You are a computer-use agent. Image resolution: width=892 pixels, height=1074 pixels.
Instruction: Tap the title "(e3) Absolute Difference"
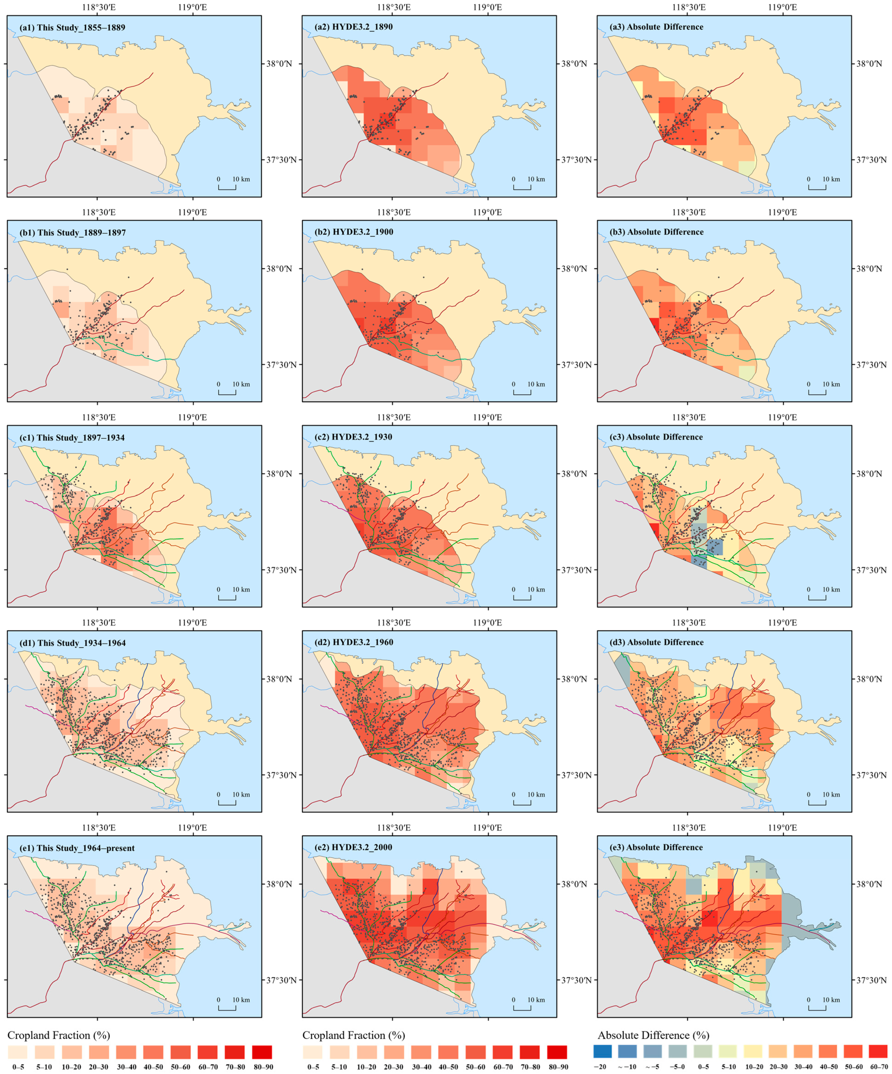665,847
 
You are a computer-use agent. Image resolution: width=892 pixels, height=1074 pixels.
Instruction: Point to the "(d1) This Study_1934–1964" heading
73,643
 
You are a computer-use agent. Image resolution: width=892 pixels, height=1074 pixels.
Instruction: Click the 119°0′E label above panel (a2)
487,7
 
